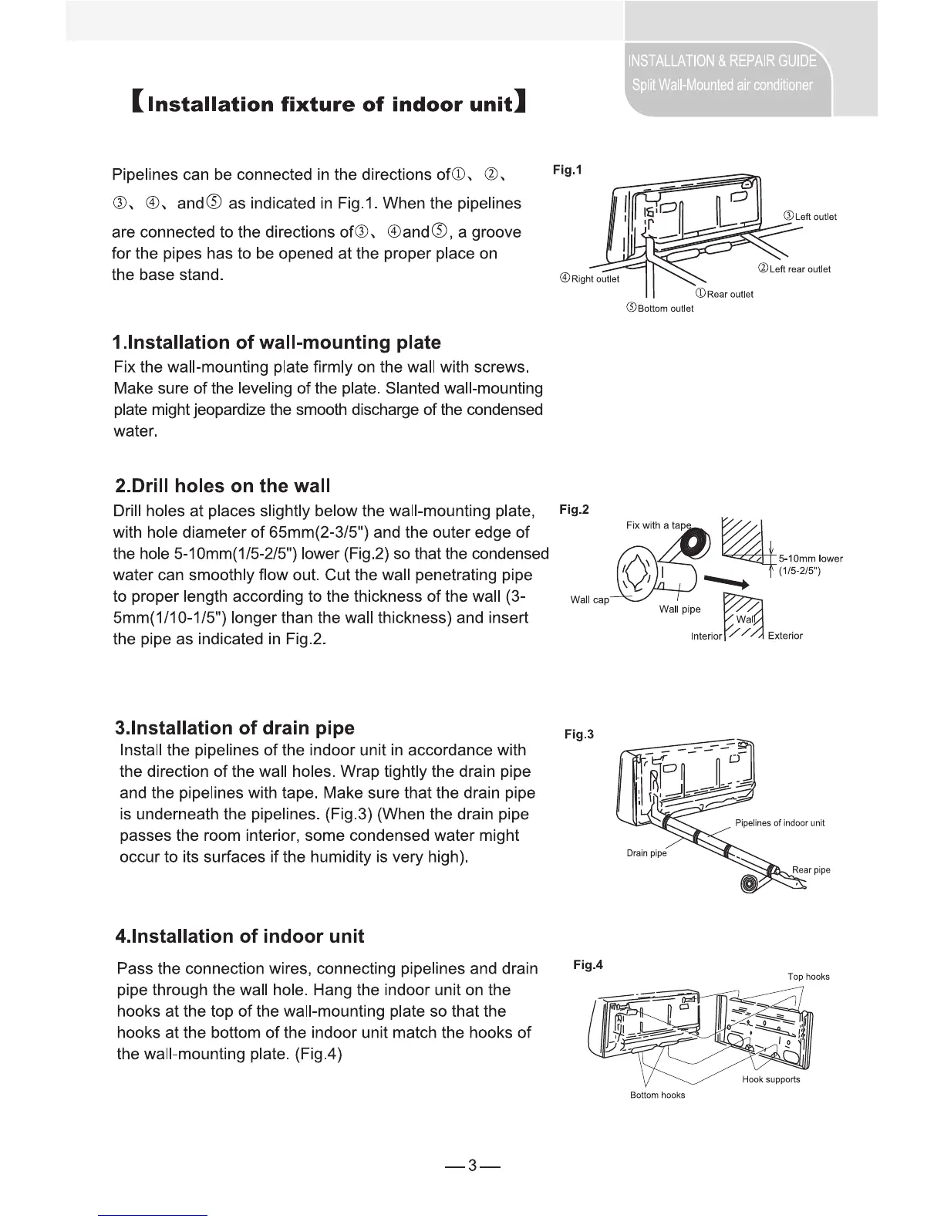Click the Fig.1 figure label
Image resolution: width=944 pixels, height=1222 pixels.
pos(568,169)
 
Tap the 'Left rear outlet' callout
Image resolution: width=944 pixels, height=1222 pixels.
pos(794,269)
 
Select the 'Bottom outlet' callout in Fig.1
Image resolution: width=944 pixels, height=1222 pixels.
pos(659,309)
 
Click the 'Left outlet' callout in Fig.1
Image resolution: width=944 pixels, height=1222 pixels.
pos(809,217)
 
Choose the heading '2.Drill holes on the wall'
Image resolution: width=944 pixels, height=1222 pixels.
pos(222,486)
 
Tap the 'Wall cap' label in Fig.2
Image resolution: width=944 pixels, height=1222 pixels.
pos(589,600)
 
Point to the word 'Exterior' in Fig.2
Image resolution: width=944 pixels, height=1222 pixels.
pos(785,636)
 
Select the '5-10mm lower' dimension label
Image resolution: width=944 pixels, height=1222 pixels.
pos(811,559)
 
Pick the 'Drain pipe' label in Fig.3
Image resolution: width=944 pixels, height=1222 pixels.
pos(646,853)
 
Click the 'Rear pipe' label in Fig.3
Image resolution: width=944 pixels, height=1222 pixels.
pos(811,870)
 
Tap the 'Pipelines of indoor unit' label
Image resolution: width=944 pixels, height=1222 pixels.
pos(779,823)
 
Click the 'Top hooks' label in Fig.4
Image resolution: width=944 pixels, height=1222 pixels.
pos(808,977)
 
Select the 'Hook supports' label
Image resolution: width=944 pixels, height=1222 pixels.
pos(770,1079)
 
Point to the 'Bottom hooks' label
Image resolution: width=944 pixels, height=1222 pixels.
pos(657,1095)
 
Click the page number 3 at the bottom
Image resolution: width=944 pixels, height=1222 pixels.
pos(472,1166)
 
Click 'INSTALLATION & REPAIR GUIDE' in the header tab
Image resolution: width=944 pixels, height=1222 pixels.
pos(722,61)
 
